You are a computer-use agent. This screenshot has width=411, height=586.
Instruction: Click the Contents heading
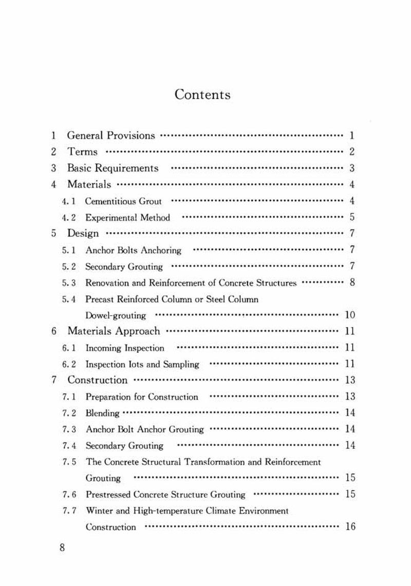click(202, 95)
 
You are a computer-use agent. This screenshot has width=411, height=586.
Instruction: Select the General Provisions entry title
click(111, 136)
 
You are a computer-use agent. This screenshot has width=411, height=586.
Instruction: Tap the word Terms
click(82, 152)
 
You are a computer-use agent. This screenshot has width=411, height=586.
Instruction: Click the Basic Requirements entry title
click(113, 168)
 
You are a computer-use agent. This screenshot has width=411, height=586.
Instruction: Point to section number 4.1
click(69, 201)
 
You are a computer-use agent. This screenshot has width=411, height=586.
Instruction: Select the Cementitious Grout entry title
click(123, 201)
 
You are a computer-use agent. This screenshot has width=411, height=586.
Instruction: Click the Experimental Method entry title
click(127, 218)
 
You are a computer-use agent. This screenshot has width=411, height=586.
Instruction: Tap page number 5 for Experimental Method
click(352, 217)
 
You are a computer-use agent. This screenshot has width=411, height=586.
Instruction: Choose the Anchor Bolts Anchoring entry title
click(133, 251)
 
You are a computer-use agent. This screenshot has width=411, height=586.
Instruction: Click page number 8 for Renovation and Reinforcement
click(352, 282)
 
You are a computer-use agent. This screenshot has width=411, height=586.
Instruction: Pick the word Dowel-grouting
click(116, 315)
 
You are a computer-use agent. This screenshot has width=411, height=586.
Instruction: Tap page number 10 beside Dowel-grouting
click(349, 315)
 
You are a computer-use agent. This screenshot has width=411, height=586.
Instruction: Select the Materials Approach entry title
click(114, 331)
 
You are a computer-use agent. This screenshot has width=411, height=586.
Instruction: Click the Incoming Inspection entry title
click(125, 348)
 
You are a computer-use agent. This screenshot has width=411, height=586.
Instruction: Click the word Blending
click(102, 413)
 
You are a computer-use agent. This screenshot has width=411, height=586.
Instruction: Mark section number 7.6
click(69, 495)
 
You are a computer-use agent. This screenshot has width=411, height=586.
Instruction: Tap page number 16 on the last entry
click(350, 526)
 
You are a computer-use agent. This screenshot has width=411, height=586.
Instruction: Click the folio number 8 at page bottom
click(62, 547)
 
